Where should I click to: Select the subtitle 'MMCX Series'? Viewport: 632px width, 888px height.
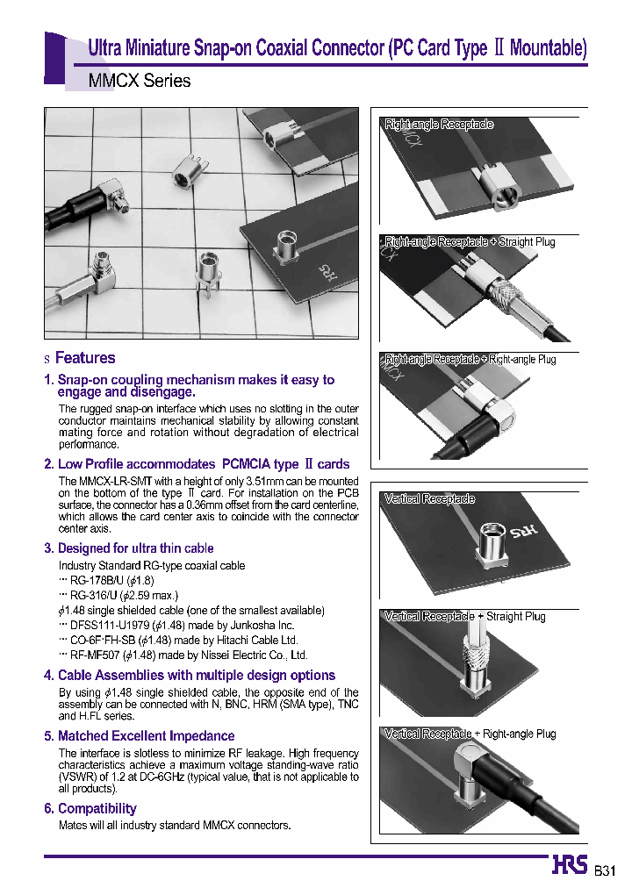pyautogui.click(x=140, y=81)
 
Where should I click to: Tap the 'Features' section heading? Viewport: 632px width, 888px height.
pyautogui.click(x=85, y=358)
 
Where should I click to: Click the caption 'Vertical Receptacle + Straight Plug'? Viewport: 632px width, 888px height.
pyautogui.click(x=464, y=617)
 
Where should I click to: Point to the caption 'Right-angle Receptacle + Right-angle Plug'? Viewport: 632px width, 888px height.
pyautogui.click(x=470, y=359)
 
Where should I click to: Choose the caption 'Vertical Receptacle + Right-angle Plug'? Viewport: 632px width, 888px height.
pyautogui.click(x=470, y=734)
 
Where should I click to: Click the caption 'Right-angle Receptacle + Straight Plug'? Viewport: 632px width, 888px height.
pyautogui.click(x=470, y=241)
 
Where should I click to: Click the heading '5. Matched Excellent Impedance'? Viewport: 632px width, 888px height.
pyautogui.click(x=139, y=736)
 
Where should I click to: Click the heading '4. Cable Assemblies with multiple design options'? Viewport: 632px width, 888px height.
pyautogui.click(x=189, y=676)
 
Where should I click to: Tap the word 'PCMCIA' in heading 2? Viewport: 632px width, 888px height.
pyautogui.click(x=248, y=464)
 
